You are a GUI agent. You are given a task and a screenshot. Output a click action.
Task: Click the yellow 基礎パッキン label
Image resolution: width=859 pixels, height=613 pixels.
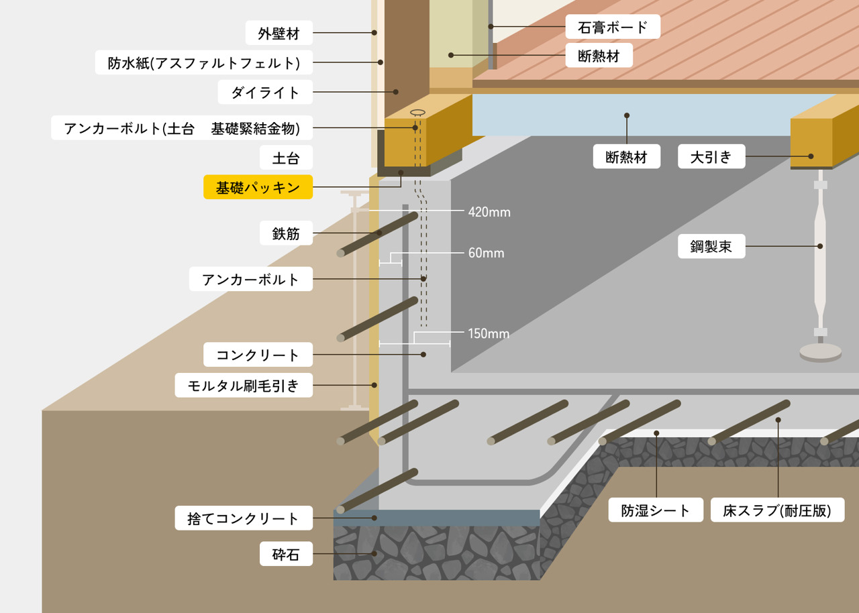(258, 188)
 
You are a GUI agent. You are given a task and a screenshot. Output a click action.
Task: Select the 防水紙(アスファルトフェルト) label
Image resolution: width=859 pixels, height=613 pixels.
(204, 63)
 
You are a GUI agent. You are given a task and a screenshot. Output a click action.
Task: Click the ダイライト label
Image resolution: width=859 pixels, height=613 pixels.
(266, 92)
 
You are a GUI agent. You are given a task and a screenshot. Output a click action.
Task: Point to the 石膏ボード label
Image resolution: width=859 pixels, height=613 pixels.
(613, 27)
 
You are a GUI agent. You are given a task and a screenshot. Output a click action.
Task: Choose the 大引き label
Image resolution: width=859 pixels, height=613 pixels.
(711, 158)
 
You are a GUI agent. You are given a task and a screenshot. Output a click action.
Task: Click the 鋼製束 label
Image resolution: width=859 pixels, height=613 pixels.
(711, 246)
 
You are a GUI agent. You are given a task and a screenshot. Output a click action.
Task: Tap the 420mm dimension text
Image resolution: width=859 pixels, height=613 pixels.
(489, 213)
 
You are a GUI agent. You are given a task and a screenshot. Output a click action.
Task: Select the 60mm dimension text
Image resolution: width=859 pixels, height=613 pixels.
(486, 254)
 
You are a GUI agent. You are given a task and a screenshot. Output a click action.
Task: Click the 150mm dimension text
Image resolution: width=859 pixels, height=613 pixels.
(489, 333)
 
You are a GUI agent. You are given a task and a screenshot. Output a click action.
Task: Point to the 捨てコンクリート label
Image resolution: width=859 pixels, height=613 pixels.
(244, 518)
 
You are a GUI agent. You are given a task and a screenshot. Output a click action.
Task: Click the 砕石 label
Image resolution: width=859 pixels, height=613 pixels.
(286, 554)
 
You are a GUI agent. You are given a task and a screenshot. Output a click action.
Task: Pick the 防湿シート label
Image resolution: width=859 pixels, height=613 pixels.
(655, 510)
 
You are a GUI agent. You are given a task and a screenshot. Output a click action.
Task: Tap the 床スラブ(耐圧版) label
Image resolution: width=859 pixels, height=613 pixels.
(777, 510)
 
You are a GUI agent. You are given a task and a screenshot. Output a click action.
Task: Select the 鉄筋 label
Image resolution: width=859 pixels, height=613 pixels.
(286, 234)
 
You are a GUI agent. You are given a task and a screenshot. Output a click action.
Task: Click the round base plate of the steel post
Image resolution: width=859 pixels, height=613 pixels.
(820, 351)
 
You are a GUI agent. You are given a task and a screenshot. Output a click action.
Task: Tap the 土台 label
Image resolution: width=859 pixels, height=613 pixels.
(286, 159)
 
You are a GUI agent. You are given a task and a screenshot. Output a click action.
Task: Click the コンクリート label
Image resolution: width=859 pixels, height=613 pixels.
(258, 354)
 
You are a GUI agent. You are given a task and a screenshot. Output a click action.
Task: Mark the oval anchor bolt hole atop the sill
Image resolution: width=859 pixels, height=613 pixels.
(417, 113)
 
